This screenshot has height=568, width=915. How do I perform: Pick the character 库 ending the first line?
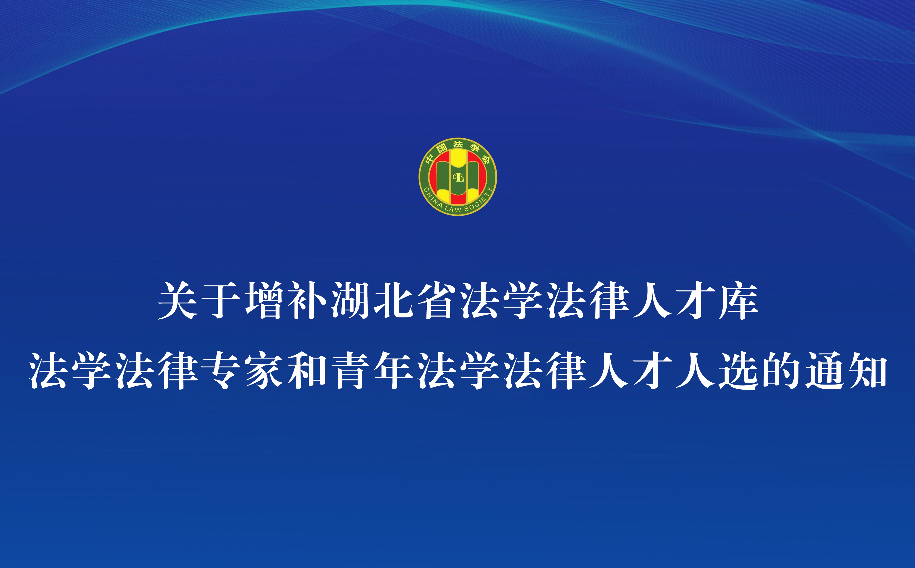pyautogui.click(x=738, y=301)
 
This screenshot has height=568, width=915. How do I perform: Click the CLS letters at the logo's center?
pyautogui.click(x=458, y=177)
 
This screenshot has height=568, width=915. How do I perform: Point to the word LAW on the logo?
pyautogui.click(x=453, y=209)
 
